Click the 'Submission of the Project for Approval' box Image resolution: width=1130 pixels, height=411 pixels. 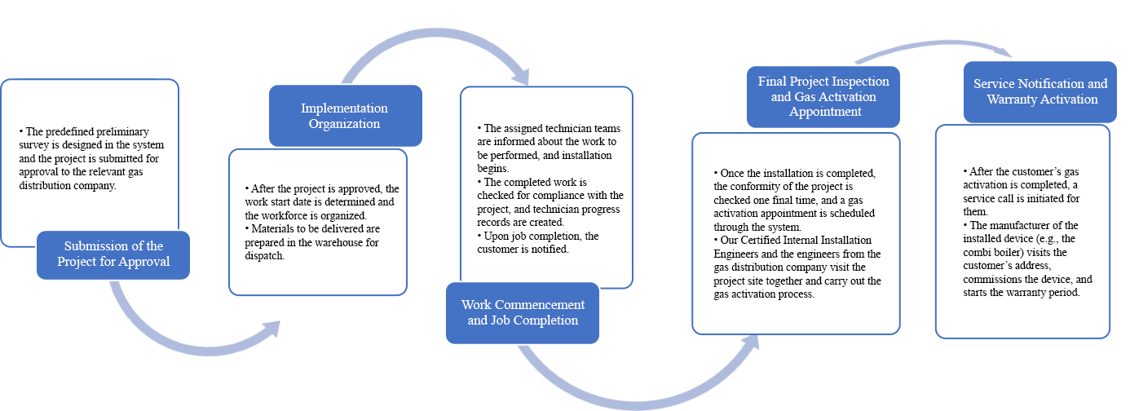113,254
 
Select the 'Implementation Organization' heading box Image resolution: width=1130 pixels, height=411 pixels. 344,116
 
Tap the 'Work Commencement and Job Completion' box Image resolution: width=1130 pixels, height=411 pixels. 523,312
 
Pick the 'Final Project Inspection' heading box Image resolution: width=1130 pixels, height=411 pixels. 823,96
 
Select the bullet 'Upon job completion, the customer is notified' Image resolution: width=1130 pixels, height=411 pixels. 538,242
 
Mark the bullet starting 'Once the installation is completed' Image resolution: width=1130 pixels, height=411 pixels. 795,201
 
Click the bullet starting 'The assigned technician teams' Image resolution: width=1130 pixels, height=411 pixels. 548,147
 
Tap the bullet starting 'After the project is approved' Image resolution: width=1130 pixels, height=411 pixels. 321,201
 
